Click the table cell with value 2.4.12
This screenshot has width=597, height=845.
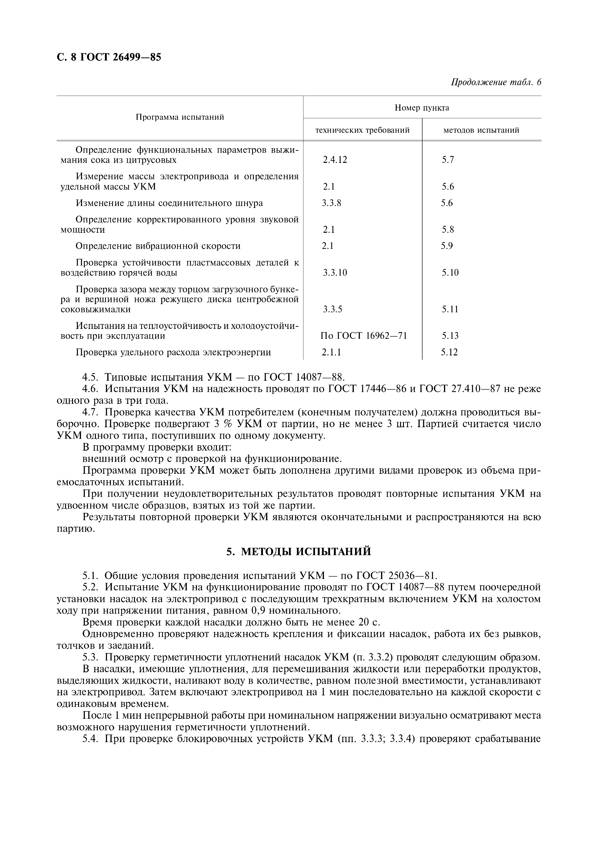(335, 160)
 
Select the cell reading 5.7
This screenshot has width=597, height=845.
(448, 160)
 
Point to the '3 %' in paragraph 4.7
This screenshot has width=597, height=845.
(221, 424)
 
